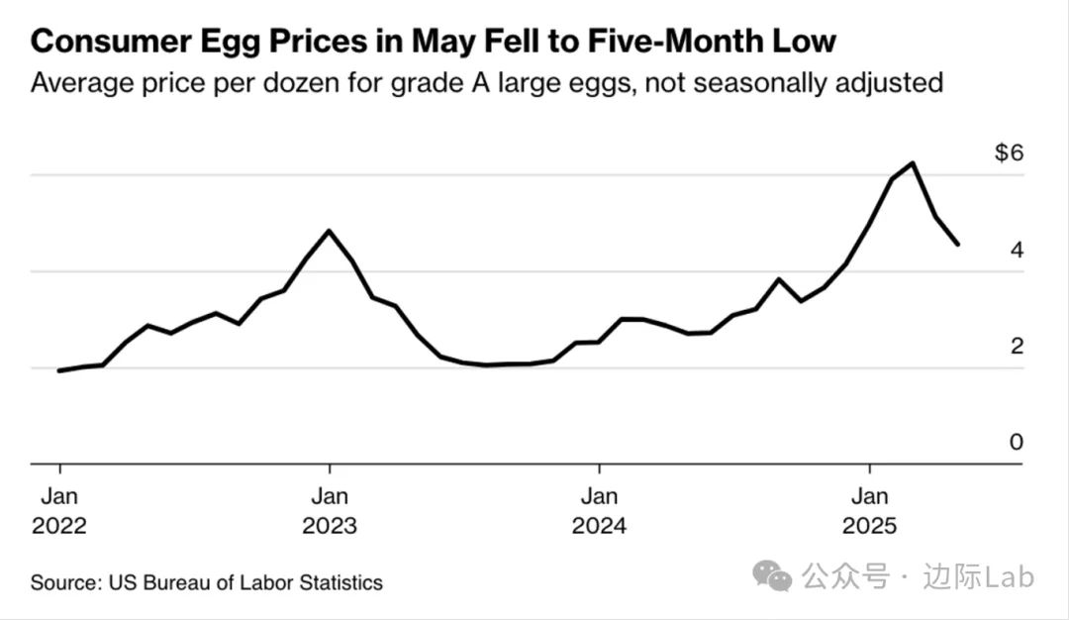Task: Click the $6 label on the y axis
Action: [x=1009, y=154]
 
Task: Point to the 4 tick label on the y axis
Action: [x=1016, y=250]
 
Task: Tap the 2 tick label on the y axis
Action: [x=1016, y=346]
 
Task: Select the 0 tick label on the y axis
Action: [x=1016, y=442]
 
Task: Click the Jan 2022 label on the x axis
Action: [x=59, y=510]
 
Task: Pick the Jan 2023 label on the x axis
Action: [x=330, y=510]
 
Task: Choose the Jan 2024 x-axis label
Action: [x=599, y=510]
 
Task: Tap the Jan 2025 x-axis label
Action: [x=869, y=510]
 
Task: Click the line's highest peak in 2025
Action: [x=913, y=163]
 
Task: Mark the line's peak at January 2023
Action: [x=330, y=231]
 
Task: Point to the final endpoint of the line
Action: [x=957, y=244]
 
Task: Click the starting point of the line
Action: [x=59, y=370]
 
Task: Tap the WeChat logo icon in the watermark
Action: [x=772, y=575]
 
